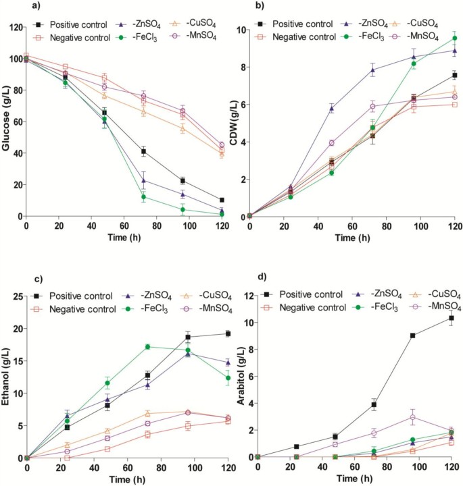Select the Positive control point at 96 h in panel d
click(x=412, y=335)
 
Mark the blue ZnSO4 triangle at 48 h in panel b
click(x=331, y=108)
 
